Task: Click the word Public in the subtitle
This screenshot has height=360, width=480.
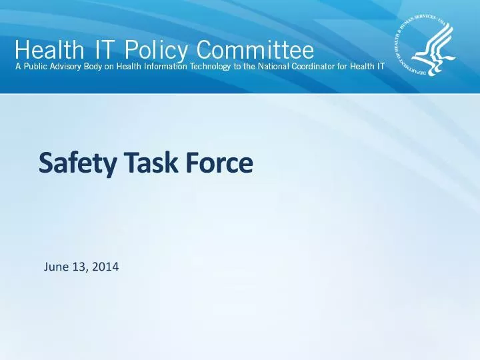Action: click(x=37, y=69)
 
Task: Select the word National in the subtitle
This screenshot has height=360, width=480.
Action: click(x=275, y=69)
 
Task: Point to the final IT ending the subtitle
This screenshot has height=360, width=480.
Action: click(x=379, y=69)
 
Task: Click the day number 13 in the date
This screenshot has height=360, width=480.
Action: click(x=79, y=268)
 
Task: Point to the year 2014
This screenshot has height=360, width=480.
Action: click(x=105, y=268)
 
